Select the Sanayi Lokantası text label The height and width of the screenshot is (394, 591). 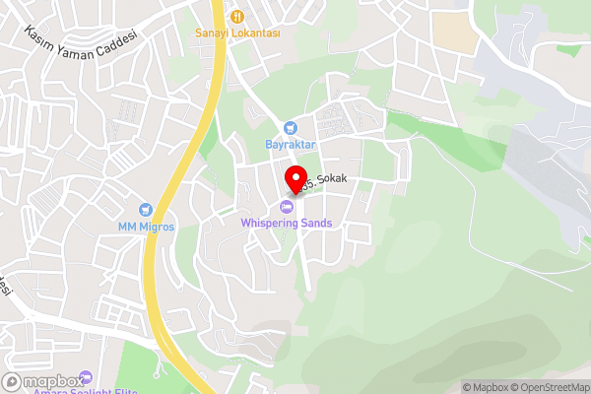[238, 33]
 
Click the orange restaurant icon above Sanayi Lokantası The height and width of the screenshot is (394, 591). [237, 16]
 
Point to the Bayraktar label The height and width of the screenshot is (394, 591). [289, 145]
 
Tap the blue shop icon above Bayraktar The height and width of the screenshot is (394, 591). [290, 128]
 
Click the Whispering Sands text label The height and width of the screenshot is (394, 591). [287, 223]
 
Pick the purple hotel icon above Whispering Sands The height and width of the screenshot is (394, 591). [287, 206]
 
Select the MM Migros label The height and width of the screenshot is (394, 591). [146, 227]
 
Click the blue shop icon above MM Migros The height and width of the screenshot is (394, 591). [146, 210]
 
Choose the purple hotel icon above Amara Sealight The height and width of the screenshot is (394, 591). [85, 376]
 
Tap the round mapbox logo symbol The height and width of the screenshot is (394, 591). [13, 381]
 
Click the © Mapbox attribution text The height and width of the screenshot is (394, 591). [485, 387]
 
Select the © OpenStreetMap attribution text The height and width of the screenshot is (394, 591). [550, 387]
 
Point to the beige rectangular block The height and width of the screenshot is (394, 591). [452, 33]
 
